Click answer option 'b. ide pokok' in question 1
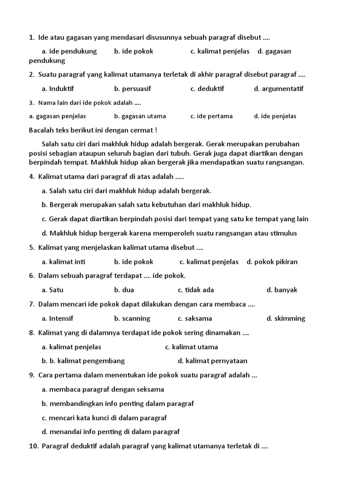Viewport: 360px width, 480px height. click(134, 51)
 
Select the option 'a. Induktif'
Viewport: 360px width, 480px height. click(58, 89)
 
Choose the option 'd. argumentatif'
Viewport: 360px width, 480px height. click(278, 89)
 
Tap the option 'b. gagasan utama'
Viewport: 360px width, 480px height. click(140, 116)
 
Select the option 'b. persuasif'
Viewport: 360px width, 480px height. click(133, 89)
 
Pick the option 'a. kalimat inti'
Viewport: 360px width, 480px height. click(63, 262)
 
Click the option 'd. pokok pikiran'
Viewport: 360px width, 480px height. click(272, 262)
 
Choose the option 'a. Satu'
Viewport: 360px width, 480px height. click(52, 290)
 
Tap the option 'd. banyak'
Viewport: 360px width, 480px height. click(282, 290)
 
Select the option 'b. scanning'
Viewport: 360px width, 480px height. click(132, 318)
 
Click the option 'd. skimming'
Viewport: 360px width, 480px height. click(286, 318)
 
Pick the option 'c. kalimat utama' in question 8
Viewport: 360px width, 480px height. click(191, 347)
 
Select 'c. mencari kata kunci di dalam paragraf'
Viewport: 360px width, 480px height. click(104, 418)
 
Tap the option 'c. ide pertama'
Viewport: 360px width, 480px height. click(211, 116)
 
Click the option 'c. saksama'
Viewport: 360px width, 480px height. click(195, 318)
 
